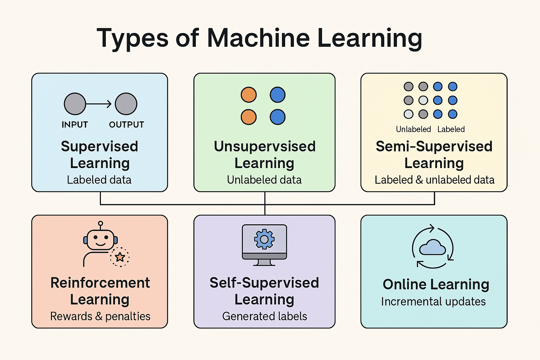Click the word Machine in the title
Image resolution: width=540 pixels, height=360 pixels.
point(258,38)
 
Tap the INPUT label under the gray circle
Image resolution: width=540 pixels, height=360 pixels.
point(75,125)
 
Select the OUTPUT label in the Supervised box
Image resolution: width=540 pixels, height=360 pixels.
point(127,125)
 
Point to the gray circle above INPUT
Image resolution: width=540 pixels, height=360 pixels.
point(75,104)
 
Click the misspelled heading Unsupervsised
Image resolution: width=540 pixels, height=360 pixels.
point(265,146)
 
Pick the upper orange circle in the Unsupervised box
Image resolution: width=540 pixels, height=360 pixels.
point(249,95)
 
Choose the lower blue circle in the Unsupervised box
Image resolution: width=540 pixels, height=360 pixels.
point(277,117)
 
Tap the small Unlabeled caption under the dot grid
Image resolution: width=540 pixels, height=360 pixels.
point(413,129)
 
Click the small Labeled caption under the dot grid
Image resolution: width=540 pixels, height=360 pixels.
point(451,129)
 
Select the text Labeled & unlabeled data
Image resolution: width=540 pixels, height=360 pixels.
point(435,180)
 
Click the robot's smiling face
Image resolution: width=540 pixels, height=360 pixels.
point(101,240)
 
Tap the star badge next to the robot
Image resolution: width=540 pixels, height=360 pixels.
point(120,257)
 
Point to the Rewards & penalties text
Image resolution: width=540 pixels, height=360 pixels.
point(100,316)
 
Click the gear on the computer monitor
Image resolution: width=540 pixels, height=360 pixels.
point(264,239)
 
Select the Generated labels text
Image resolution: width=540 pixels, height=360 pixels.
point(265,316)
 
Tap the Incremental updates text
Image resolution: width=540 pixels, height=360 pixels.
point(433,302)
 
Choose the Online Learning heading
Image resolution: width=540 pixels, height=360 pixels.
point(436,284)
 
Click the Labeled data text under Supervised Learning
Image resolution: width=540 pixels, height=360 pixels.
point(99,180)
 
